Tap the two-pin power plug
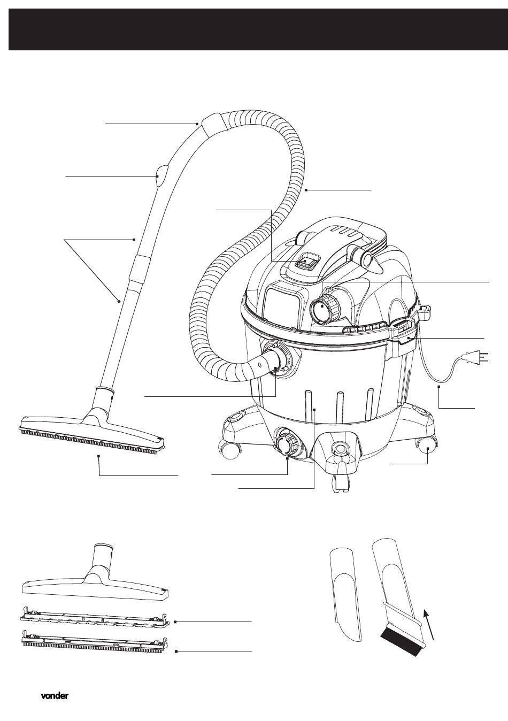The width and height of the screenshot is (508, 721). tap(475, 357)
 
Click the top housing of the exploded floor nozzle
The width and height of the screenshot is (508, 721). tap(95, 572)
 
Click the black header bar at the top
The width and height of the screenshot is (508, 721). tap(254, 29)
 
